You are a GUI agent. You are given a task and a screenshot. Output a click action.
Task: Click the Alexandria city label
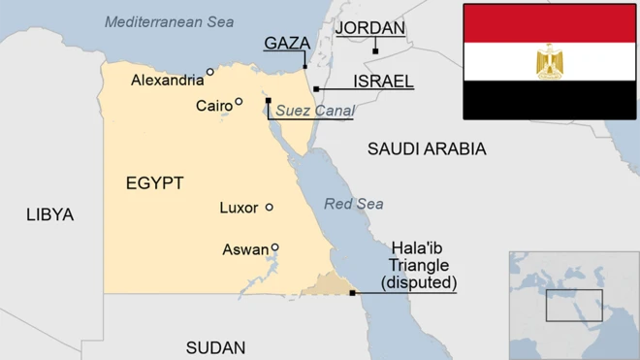pos(167,81)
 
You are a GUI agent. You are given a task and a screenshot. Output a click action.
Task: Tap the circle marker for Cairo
pos(239,102)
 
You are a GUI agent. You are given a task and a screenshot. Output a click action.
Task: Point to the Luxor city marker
pos(270,207)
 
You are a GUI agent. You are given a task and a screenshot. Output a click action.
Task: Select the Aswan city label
pos(245,249)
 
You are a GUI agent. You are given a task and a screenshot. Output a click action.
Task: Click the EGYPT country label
pos(154,182)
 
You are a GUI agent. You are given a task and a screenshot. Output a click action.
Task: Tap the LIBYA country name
pos(49,214)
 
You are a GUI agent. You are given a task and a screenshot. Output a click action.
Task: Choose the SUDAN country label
pos(215,347)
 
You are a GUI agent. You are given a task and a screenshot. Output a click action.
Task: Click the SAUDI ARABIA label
pos(427,148)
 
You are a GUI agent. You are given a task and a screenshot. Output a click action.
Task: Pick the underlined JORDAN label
pos(369,28)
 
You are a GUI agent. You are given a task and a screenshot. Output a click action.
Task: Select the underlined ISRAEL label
pos(384,81)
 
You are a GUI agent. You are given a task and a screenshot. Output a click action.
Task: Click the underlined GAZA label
pos(287,43)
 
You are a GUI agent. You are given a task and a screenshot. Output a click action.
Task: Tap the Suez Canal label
pos(314,111)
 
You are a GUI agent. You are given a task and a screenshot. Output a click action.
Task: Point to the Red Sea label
pos(353,204)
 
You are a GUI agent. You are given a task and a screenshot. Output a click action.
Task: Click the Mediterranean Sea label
pos(169,21)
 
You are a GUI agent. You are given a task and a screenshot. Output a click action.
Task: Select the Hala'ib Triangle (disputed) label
pos(422,265)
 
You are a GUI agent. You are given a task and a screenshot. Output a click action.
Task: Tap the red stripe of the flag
pos(549,22)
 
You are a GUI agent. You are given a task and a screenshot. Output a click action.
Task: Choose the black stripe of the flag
pos(549,99)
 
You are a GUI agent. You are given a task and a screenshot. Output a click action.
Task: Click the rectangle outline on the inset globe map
pos(573,305)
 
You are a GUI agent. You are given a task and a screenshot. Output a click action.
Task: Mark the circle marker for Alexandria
pos(210,72)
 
